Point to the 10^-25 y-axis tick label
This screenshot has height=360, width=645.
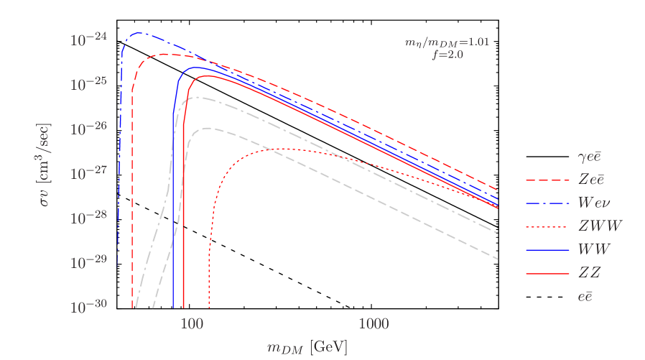click(88, 83)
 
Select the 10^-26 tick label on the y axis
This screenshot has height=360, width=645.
click(88, 128)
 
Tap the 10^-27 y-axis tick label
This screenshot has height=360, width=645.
click(88, 172)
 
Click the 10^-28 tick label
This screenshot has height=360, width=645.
click(88, 218)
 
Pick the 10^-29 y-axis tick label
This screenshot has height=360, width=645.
click(88, 262)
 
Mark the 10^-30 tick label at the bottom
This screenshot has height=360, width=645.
click(88, 307)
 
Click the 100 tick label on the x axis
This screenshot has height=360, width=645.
click(192, 324)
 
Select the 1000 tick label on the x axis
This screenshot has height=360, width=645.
click(373, 324)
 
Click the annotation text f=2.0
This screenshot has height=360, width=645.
click(447, 55)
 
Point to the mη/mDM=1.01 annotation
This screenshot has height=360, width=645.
click(447, 42)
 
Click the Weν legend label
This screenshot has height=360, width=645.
click(595, 202)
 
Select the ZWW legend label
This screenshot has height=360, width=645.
click(599, 226)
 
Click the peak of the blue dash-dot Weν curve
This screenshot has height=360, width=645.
click(138, 32)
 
